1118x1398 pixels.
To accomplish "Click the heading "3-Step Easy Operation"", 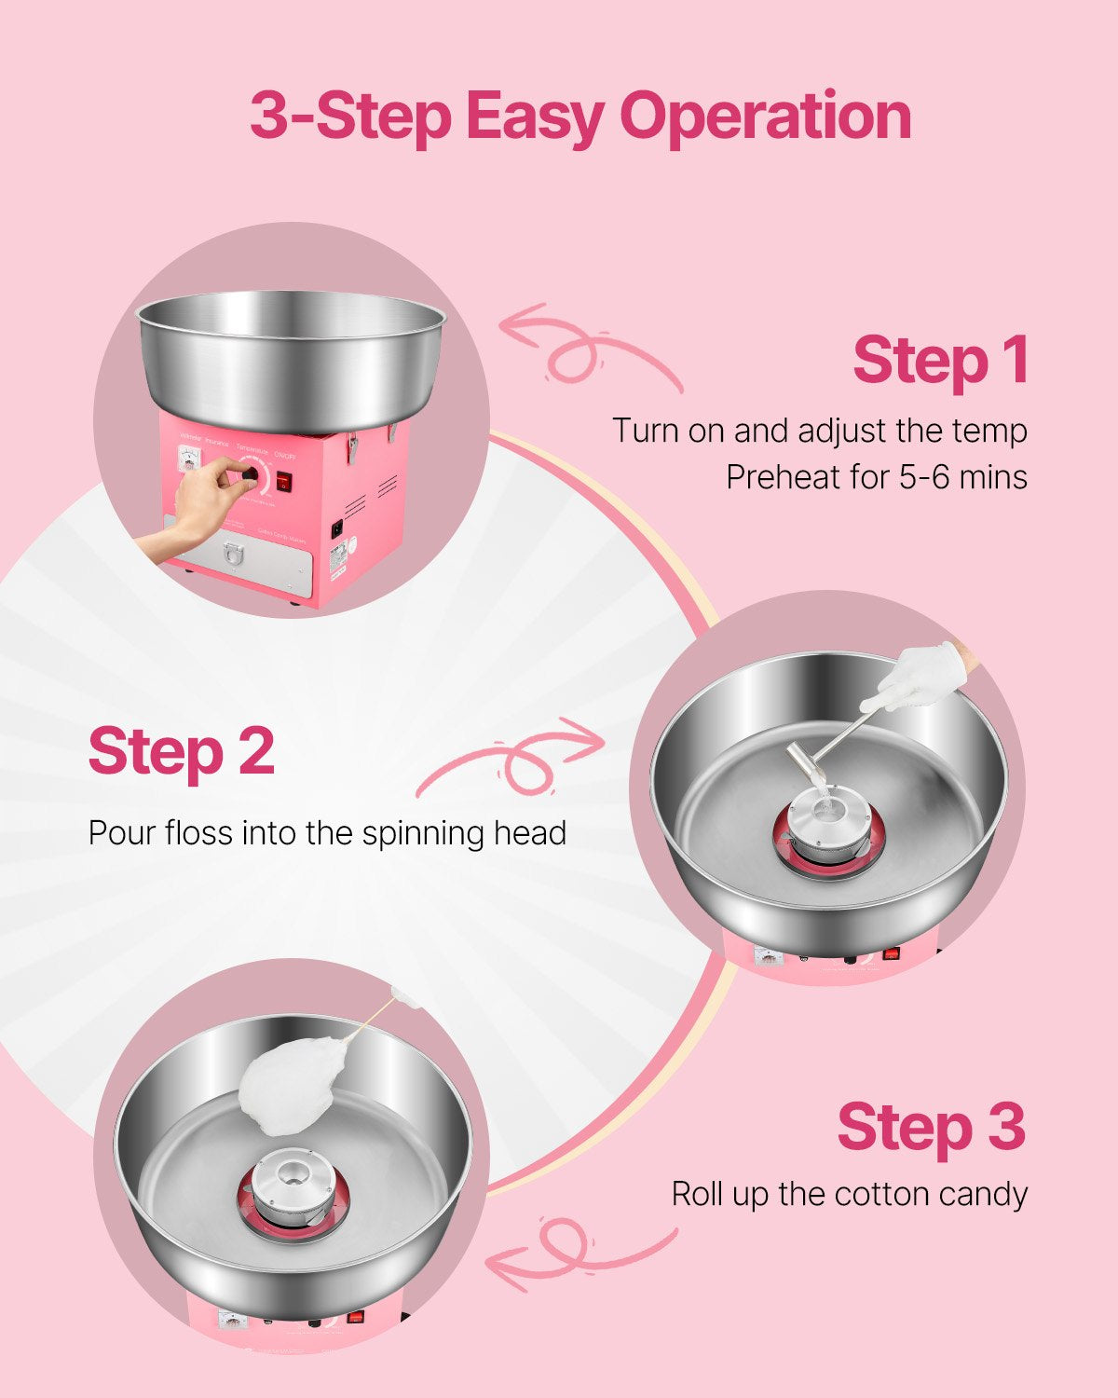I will click(x=579, y=116).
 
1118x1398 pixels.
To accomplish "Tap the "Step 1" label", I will click(x=939, y=361).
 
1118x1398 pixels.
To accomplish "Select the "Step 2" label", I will click(x=182, y=751).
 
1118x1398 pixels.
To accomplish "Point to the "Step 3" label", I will click(x=931, y=1127).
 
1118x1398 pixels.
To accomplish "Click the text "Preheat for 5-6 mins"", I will click(x=876, y=477).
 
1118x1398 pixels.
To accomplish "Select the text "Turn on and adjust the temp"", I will click(x=819, y=431).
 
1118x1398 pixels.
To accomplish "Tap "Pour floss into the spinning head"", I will click(x=327, y=832).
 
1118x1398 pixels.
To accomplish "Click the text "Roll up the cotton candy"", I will click(x=849, y=1194).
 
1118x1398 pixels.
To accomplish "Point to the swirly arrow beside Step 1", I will click(x=589, y=349).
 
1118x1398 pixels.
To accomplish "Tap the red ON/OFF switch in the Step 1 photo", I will click(x=283, y=482).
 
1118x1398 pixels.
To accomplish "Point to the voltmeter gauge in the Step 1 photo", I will click(x=190, y=458).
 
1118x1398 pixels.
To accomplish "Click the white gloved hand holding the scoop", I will click(x=918, y=676).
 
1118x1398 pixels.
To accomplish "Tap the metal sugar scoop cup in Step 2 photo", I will click(x=803, y=764).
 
